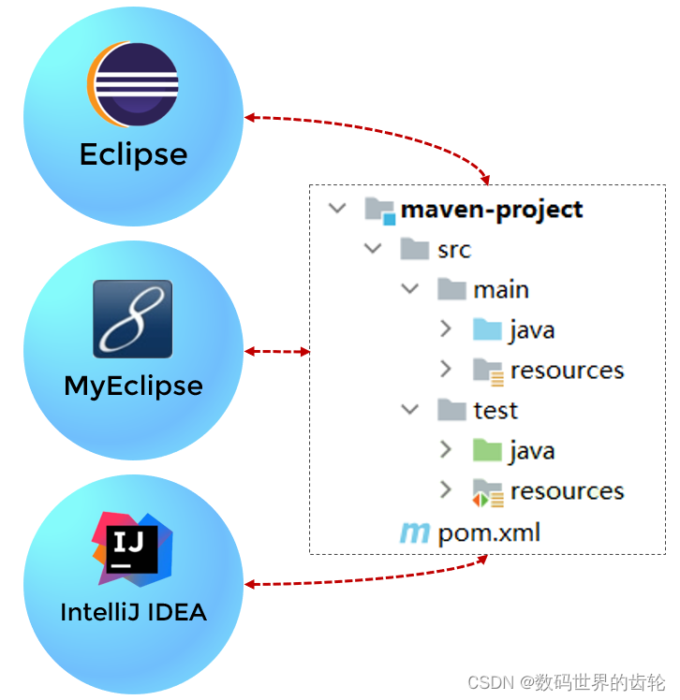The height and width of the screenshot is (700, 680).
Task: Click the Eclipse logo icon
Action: point(133,84)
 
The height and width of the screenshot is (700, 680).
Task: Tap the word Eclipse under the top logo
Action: point(133,154)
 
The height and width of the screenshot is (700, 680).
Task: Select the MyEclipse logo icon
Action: point(133,318)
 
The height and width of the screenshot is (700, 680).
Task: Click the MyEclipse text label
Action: point(133,386)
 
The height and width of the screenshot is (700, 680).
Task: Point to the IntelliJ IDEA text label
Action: point(133,613)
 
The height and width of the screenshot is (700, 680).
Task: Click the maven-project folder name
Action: point(492,210)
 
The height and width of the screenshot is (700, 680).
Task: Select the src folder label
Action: point(453,250)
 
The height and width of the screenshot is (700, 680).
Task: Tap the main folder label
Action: point(500,290)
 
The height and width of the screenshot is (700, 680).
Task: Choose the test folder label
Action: point(495,411)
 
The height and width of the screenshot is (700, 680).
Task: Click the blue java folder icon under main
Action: point(487,329)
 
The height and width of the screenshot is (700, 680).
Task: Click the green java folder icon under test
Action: point(487,451)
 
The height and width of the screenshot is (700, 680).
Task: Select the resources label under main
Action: point(567,371)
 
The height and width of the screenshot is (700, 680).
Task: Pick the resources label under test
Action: point(567,491)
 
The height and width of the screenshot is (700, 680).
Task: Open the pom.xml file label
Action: point(489,533)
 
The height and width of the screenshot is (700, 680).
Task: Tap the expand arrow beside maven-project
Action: point(337,209)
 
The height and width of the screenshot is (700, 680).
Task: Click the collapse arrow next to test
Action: point(410,410)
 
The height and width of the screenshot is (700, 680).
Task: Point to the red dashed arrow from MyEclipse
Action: point(277,352)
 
